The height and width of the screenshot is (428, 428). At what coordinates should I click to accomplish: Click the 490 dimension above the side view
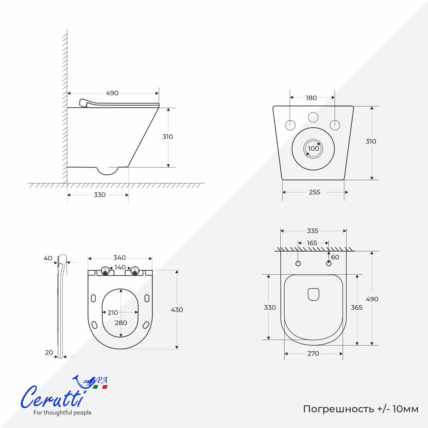click(x=112, y=93)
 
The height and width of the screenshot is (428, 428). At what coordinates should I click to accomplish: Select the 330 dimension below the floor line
click(x=100, y=195)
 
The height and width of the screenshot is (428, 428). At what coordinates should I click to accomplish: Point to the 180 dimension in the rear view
click(x=311, y=98)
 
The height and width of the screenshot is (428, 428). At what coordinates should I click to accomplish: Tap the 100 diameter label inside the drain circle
click(x=314, y=148)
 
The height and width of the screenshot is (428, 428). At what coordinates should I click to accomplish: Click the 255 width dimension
click(x=314, y=192)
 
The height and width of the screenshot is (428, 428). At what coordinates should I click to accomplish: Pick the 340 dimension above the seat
click(x=119, y=258)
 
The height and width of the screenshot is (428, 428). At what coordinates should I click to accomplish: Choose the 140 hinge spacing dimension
click(x=120, y=267)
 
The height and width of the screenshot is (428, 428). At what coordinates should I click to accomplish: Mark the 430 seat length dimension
click(x=177, y=310)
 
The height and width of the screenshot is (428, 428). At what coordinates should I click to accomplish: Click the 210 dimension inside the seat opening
click(x=113, y=312)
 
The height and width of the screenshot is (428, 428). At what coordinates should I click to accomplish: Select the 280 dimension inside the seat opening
click(x=121, y=323)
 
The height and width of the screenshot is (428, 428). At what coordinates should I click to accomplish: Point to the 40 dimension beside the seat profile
click(x=48, y=258)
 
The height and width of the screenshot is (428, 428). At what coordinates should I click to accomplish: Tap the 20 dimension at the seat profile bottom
click(x=49, y=352)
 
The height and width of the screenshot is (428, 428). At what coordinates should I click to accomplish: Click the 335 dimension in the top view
click(x=312, y=231)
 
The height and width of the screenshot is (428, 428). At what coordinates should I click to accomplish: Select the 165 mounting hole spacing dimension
click(x=312, y=243)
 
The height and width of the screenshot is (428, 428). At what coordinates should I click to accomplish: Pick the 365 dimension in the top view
click(x=357, y=307)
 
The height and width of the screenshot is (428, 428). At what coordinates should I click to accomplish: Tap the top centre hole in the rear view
click(x=313, y=117)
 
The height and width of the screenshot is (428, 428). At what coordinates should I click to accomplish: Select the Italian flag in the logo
click(x=100, y=387)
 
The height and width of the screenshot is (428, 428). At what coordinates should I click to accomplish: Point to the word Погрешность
click(x=338, y=409)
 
